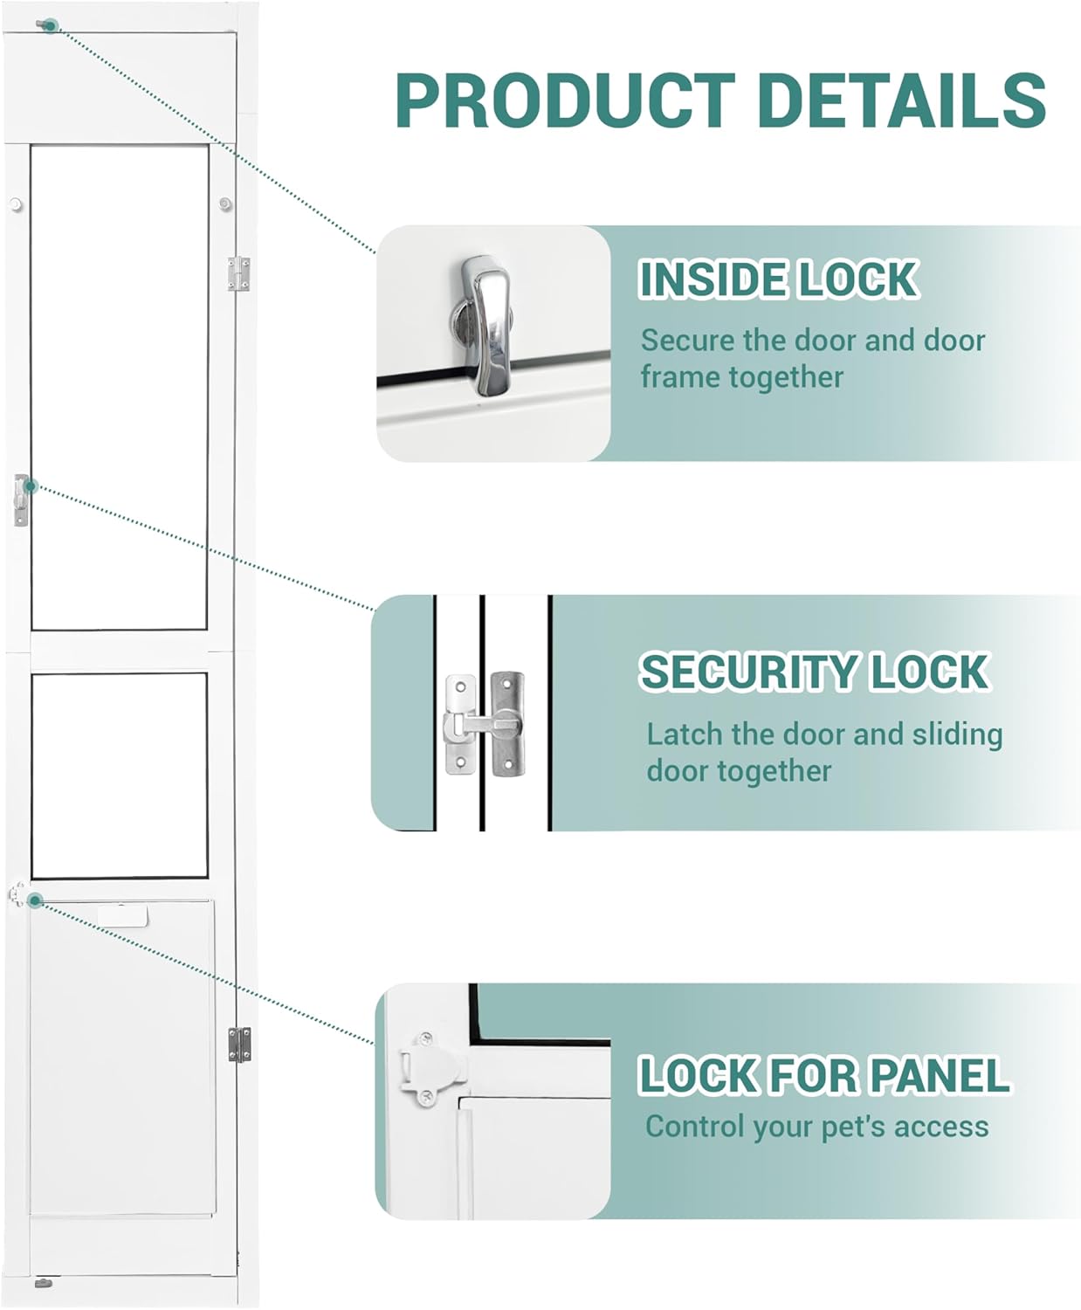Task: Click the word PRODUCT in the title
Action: [x=565, y=100]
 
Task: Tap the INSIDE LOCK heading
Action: [x=777, y=279]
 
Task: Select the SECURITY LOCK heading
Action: [x=814, y=672]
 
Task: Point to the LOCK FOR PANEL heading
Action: [x=823, y=1075]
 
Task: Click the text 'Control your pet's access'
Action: [x=816, y=1127]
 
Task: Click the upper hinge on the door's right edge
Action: [x=238, y=273]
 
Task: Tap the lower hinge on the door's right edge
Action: [x=238, y=1045]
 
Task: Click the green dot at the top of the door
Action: [x=51, y=26]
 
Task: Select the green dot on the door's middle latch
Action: [x=30, y=486]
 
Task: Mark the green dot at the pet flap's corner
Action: [x=34, y=900]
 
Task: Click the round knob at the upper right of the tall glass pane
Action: [x=225, y=205]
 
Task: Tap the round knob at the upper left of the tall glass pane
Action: [x=15, y=205]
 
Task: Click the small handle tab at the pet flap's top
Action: [x=123, y=915]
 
